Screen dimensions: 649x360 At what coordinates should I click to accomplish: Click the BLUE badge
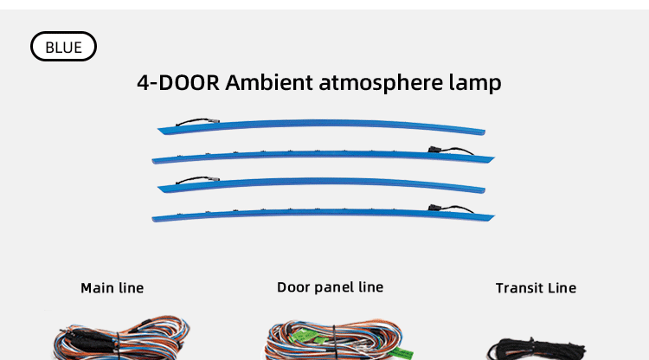pyautogui.click(x=63, y=47)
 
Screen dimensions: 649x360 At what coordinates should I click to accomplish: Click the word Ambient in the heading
pyautogui.click(x=269, y=82)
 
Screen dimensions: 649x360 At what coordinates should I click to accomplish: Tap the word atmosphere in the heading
pyautogui.click(x=381, y=83)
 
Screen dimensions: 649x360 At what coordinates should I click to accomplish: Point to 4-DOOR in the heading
pyautogui.click(x=178, y=82)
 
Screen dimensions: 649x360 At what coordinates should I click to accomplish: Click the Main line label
pyautogui.click(x=112, y=287)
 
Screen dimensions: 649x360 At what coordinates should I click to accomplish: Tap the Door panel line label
pyautogui.click(x=330, y=287)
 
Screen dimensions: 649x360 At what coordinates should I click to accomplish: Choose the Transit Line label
pyautogui.click(x=536, y=287)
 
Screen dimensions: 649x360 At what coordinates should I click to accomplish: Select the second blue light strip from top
pyautogui.click(x=323, y=155)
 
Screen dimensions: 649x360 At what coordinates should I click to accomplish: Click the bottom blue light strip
pyautogui.click(x=323, y=213)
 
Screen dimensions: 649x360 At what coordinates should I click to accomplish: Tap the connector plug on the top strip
pyautogui.click(x=215, y=121)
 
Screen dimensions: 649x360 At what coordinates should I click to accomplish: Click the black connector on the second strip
pyautogui.click(x=434, y=149)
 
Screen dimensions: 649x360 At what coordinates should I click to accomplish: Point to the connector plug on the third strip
pyautogui.click(x=215, y=179)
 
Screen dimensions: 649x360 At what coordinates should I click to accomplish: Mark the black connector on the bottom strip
pyautogui.click(x=434, y=207)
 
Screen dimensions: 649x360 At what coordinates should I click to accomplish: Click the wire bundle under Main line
pyautogui.click(x=121, y=337)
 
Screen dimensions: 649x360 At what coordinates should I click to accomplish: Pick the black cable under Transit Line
pyautogui.click(x=537, y=349)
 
